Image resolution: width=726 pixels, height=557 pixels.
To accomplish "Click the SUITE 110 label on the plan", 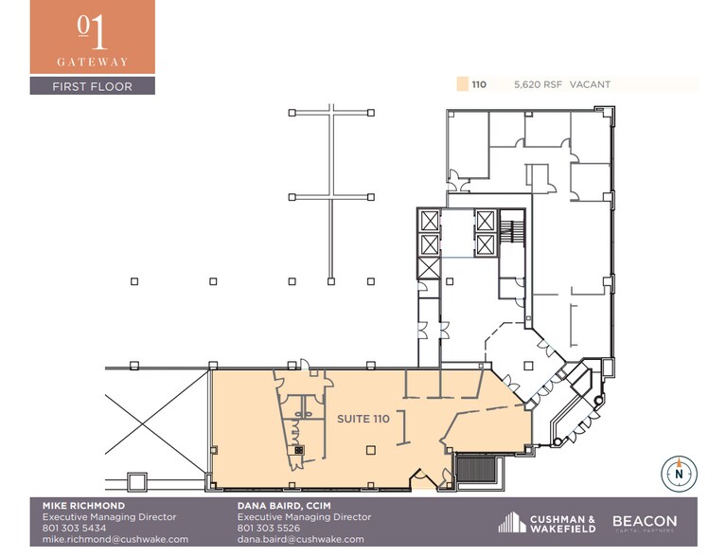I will (x=363, y=418).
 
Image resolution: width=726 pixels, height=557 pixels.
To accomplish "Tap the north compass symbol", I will (x=679, y=471).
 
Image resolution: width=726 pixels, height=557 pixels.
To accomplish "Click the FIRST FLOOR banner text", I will (x=92, y=86).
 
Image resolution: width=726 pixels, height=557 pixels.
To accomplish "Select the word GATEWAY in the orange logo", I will (x=92, y=61).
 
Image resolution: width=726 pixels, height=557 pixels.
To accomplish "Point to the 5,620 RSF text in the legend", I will (x=538, y=84).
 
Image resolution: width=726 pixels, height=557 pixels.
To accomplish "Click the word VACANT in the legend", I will (x=590, y=84).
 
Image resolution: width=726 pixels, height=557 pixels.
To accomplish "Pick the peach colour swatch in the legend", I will (x=462, y=84).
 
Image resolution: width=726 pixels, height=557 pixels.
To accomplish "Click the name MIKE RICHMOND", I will (x=83, y=506).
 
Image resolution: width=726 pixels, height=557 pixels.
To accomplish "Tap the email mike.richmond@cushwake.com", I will (x=115, y=539).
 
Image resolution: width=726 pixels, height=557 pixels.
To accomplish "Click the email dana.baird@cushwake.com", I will (x=300, y=539).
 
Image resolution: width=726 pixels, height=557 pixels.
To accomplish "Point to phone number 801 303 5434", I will (x=74, y=529).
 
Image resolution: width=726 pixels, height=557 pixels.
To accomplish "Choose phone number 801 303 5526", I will (x=269, y=529).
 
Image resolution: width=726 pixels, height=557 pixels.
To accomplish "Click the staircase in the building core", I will (x=513, y=231).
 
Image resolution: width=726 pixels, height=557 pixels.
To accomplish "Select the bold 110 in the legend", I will (x=479, y=84).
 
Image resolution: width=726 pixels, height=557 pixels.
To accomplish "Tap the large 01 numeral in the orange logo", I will (x=92, y=31).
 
